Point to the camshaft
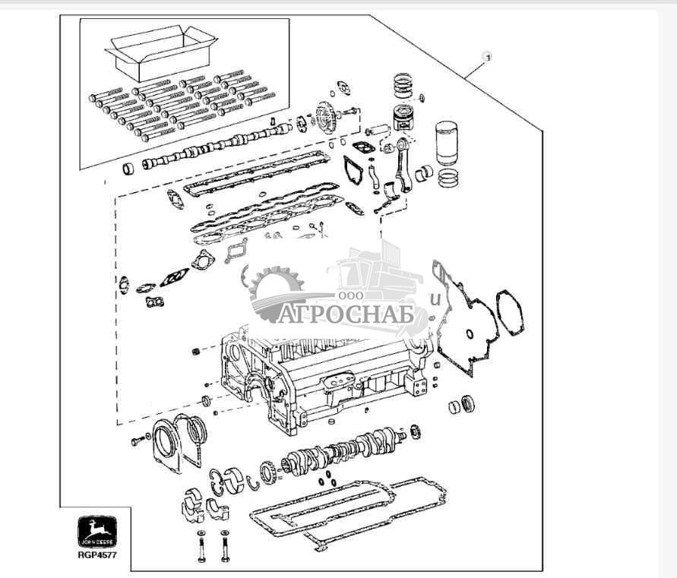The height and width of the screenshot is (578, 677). [217, 144]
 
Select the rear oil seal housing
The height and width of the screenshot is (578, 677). [167, 444]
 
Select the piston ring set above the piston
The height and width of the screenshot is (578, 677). [406, 85]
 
